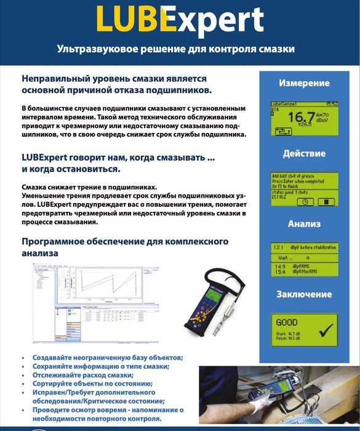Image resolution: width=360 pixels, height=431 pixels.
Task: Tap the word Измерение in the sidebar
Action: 304,83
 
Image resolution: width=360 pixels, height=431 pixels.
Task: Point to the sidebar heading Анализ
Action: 304,225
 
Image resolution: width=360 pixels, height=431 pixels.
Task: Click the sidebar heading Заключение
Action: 304,294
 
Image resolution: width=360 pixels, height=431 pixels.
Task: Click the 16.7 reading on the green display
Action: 302,117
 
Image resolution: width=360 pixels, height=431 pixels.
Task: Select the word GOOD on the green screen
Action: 287,323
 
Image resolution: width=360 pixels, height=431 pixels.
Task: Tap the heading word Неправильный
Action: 55,79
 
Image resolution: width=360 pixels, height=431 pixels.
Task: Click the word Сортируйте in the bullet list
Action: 52,384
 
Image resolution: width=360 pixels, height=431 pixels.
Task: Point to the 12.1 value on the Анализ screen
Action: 281,248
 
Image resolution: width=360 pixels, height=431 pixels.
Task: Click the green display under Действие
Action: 304,189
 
